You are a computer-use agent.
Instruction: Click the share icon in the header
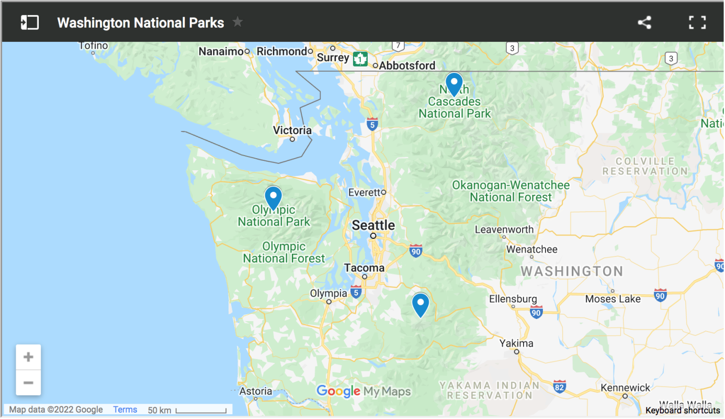pyautogui.click(x=644, y=23)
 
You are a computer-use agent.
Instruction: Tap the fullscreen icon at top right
pyautogui.click(x=697, y=23)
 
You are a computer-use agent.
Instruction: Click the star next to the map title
pyautogui.click(x=238, y=22)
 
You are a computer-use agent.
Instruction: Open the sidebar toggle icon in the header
pyautogui.click(x=30, y=23)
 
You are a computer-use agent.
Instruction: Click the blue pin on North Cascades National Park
pyautogui.click(x=454, y=83)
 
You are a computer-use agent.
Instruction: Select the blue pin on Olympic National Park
pyautogui.click(x=273, y=197)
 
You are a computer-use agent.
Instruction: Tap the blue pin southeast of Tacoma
pyautogui.click(x=421, y=304)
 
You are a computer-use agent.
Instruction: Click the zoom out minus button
pyautogui.click(x=28, y=382)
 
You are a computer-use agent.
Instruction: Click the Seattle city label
pyautogui.click(x=373, y=225)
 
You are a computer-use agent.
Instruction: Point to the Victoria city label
pyautogui.click(x=292, y=130)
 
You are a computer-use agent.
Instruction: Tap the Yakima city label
pyautogui.click(x=516, y=344)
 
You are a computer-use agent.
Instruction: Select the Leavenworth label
pyautogui.click(x=504, y=229)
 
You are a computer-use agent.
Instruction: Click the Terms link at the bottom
pyautogui.click(x=125, y=410)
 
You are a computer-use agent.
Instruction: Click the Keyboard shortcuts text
pyautogui.click(x=682, y=411)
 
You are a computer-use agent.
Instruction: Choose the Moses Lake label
pyautogui.click(x=613, y=299)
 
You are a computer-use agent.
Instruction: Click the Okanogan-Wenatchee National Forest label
pyautogui.click(x=511, y=191)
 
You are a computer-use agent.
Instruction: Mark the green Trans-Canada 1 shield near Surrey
pyautogui.click(x=360, y=59)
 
